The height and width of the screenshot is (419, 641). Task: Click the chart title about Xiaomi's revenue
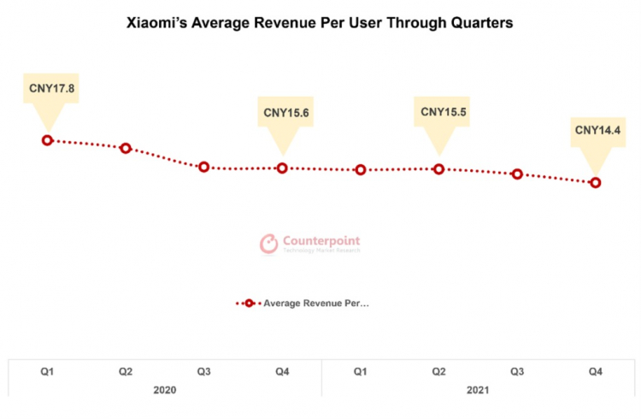pyautogui.click(x=320, y=23)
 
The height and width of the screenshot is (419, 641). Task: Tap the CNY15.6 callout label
pyautogui.click(x=282, y=112)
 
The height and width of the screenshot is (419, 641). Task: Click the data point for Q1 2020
pyautogui.click(x=47, y=140)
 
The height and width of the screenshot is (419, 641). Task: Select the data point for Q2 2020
pyautogui.click(x=126, y=148)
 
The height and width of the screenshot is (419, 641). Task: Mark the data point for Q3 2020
pyautogui.click(x=204, y=167)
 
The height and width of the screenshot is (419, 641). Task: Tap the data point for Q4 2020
pyautogui.click(x=282, y=168)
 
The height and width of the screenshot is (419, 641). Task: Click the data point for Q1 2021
pyautogui.click(x=361, y=169)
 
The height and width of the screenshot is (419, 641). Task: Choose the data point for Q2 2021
pyautogui.click(x=439, y=168)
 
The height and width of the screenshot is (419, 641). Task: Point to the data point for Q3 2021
pyautogui.click(x=517, y=174)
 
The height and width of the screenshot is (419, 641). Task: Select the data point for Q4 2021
pyautogui.click(x=596, y=182)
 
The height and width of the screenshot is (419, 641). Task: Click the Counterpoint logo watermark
pyautogui.click(x=310, y=244)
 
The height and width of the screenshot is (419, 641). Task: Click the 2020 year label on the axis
pyautogui.click(x=165, y=390)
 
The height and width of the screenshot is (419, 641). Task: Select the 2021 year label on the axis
pyautogui.click(x=479, y=390)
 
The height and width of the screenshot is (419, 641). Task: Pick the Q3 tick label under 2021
pyautogui.click(x=517, y=372)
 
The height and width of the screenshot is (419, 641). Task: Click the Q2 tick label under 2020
pyautogui.click(x=126, y=372)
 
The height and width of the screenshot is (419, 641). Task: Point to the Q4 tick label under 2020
pyautogui.click(x=282, y=372)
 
